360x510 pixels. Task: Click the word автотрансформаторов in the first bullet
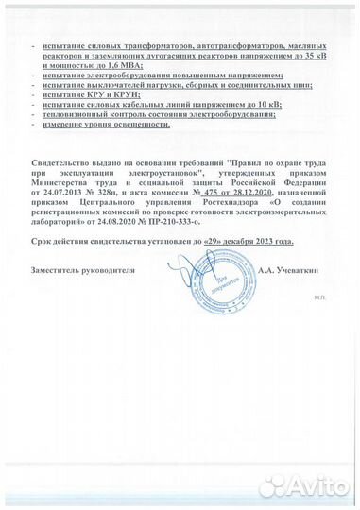pos(196,45)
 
